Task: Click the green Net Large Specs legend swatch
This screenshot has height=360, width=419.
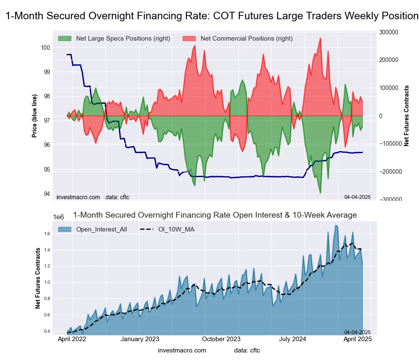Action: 65,39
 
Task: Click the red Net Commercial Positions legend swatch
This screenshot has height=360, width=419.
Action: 189,39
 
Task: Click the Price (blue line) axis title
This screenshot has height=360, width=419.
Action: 35,115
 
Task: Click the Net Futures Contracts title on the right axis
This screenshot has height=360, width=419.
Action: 406,116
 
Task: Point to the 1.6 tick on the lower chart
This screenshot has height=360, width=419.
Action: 47,234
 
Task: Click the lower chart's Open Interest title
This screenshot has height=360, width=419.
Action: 215,215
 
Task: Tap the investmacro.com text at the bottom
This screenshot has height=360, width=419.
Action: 182,350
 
